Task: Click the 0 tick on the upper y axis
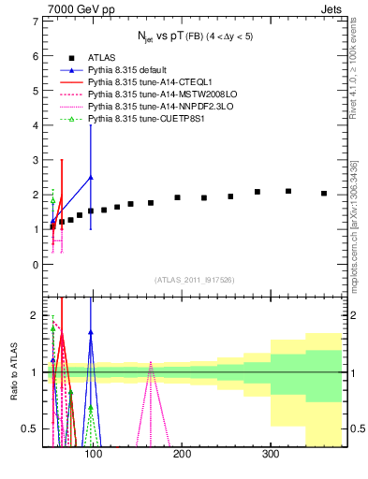click(x=35, y=265)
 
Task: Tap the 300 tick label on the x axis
click(x=271, y=455)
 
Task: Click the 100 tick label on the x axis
click(x=93, y=455)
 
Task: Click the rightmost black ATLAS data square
click(x=324, y=194)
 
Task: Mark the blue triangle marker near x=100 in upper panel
click(x=91, y=177)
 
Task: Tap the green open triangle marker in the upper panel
click(x=52, y=199)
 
